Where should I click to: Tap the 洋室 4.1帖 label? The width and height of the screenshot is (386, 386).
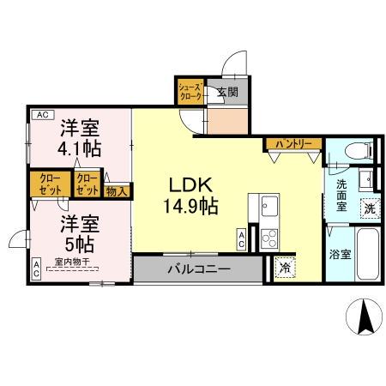[80, 138]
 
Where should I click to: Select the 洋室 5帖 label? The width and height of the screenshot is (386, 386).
[79, 233]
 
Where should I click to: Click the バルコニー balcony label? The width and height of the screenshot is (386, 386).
[197, 268]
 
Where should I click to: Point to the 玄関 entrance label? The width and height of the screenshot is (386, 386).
[226, 93]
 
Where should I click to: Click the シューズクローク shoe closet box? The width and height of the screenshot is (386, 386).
[190, 92]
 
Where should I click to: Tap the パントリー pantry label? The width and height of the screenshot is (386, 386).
[293, 144]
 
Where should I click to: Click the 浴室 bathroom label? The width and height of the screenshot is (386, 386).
[339, 255]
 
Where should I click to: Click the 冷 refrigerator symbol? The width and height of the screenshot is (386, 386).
[284, 268]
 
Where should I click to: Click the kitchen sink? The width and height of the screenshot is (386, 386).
[268, 207]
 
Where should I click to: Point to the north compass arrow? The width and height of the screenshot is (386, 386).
[364, 318]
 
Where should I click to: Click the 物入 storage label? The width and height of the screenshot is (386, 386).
[118, 190]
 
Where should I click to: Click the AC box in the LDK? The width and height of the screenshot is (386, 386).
[243, 240]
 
